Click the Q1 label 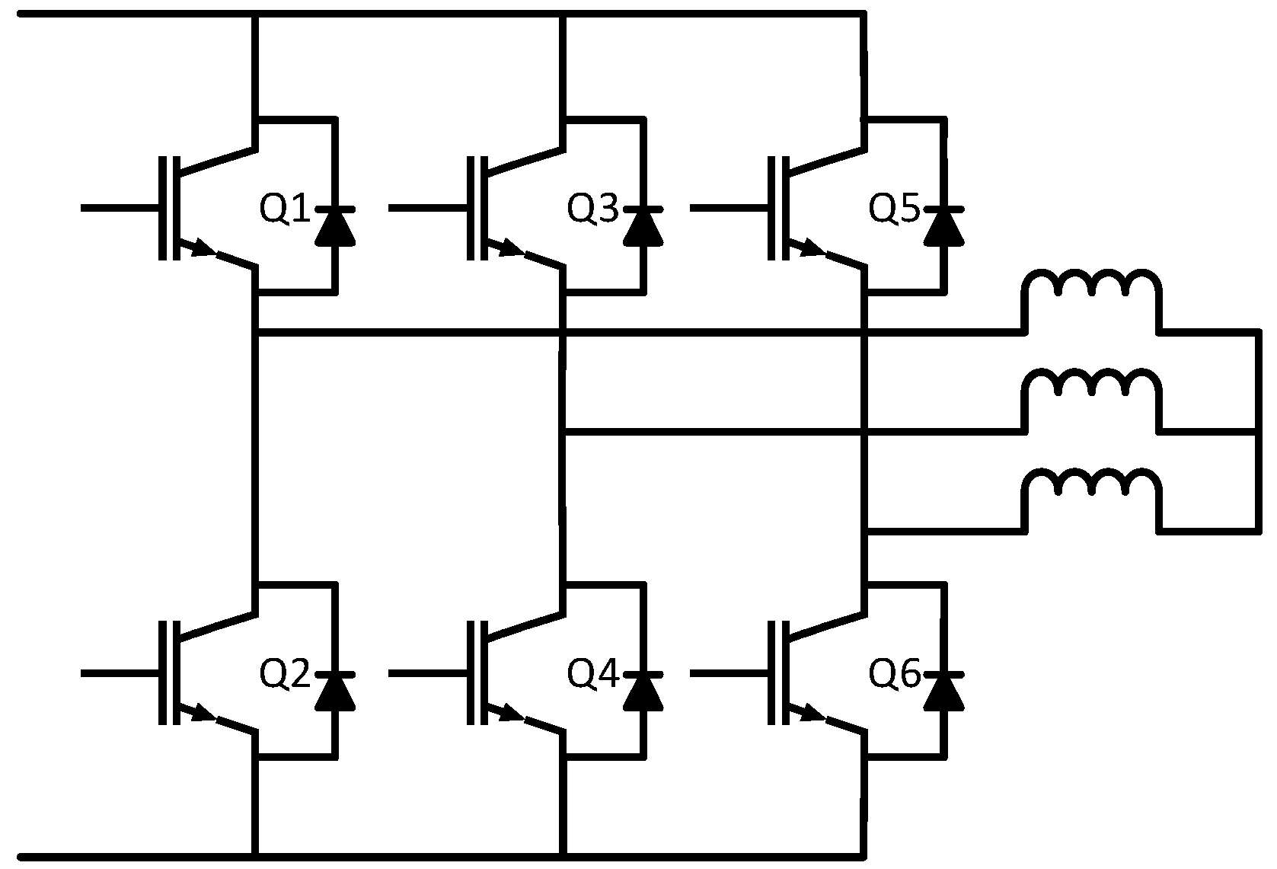[285, 209]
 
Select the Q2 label [285, 674]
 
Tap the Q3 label [593, 209]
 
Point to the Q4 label [593, 674]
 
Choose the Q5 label [895, 209]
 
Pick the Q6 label [895, 674]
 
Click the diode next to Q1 [335, 225]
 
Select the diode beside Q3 [643, 225]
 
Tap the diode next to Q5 [944, 225]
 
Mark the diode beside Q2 [335, 692]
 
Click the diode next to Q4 [643, 692]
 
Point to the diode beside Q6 [944, 692]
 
